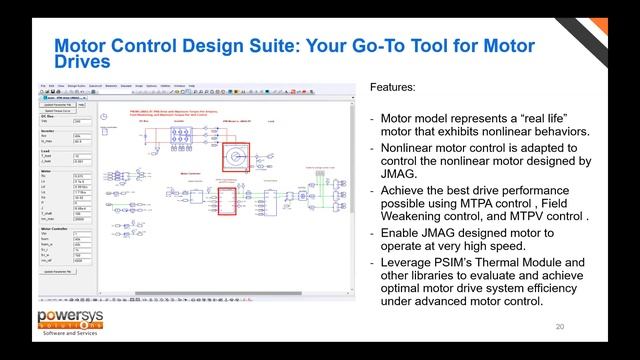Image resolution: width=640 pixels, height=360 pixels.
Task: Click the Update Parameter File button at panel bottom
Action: pos(59,272)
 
